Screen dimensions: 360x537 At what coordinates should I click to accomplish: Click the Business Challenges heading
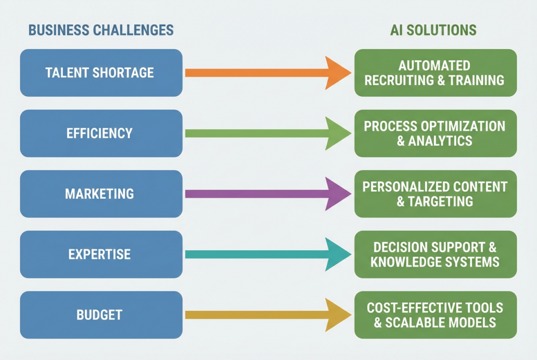(x=101, y=30)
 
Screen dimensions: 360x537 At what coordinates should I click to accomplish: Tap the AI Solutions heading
(x=433, y=30)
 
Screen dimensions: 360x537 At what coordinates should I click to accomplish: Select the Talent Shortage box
(x=101, y=73)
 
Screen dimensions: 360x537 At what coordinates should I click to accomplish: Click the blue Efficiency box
(x=101, y=133)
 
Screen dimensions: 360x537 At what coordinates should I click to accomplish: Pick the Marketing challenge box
(x=101, y=194)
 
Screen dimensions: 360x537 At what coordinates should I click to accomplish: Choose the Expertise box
(x=101, y=255)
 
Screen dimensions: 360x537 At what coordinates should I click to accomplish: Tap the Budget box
(x=101, y=315)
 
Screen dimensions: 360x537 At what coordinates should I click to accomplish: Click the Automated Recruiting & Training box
(x=435, y=73)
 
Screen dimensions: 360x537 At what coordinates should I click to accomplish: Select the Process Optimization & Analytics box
(x=435, y=133)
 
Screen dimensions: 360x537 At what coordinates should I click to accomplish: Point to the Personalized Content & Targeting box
(x=435, y=194)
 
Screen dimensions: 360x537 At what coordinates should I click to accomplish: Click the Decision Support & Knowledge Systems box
(x=435, y=255)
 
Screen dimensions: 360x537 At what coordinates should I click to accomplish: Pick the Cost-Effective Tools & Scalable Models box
(x=435, y=315)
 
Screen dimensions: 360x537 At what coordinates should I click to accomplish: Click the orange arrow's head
(x=337, y=73)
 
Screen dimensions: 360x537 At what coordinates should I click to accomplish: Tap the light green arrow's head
(x=337, y=133)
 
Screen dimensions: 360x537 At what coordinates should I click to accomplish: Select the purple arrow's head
(x=337, y=194)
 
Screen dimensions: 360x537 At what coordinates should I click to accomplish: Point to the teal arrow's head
(x=337, y=255)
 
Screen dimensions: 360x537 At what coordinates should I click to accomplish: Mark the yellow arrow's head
(x=337, y=315)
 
